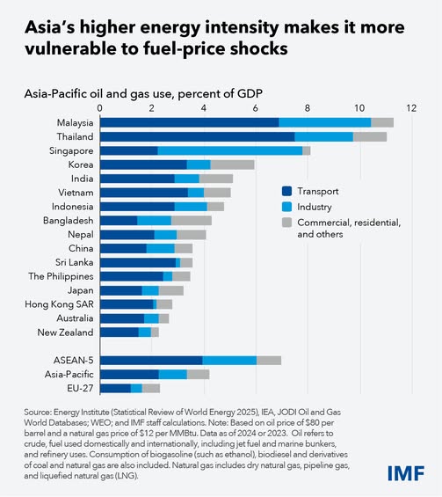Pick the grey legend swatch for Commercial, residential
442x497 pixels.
pos(287,223)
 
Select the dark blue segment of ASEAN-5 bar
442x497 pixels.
pos(151,360)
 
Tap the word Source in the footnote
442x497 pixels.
pos(40,413)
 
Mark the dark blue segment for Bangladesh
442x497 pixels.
pos(119,220)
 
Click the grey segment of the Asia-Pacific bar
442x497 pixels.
pos(198,374)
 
